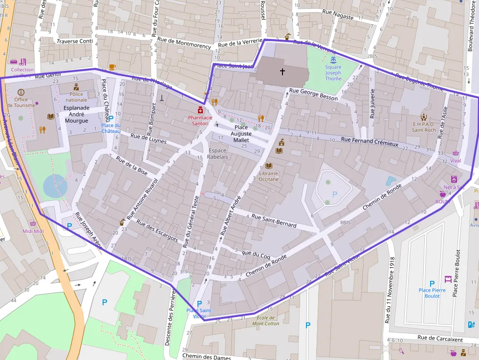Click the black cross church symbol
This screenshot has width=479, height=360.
pos(282,72)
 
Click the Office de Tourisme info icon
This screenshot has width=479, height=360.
pos(21,92)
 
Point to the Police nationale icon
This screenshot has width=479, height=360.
pos(76,86)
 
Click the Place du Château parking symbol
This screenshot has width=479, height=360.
pos(110,118)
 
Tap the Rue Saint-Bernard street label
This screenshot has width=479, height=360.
pos(274,220)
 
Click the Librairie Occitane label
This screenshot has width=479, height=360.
pos(268,176)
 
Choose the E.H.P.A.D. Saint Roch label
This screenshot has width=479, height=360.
pos(423,127)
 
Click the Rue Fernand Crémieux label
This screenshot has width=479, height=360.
pos(370,142)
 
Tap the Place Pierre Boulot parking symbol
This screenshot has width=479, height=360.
pos(432,283)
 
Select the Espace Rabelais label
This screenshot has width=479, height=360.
pos(218,153)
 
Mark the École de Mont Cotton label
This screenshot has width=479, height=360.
pos(265,320)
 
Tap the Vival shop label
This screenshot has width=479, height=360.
pos(456,160)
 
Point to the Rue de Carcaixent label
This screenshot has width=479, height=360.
pos(440,339)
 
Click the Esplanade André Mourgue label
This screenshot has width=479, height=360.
pos(76,114)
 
